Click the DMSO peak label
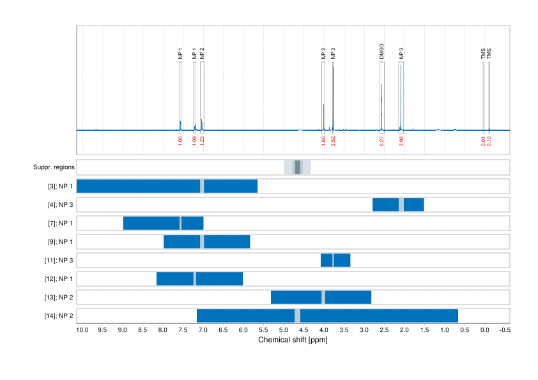pyautogui.click(x=381, y=52)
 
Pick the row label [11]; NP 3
pyautogui.click(x=57, y=261)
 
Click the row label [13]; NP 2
pyautogui.click(x=57, y=298)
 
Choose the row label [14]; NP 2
pyautogui.click(x=57, y=316)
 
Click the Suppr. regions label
pyautogui.click(x=54, y=168)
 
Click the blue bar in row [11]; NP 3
pyautogui.click(x=335, y=261)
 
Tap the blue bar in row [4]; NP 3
pyautogui.click(x=398, y=205)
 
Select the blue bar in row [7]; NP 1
pyautogui.click(x=163, y=224)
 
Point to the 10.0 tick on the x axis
pyautogui.click(x=82, y=330)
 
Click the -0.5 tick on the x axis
pyautogui.click(x=505, y=330)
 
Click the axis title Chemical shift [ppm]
pyautogui.click(x=293, y=340)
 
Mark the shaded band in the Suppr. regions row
pyautogui.click(x=297, y=167)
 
